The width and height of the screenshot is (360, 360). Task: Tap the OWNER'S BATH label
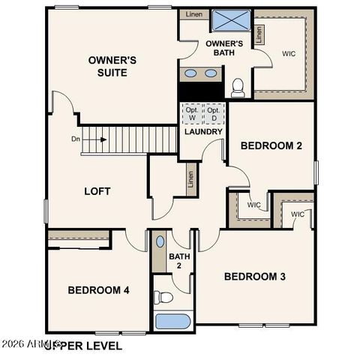click(x=224, y=49)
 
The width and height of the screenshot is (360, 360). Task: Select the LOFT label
click(x=97, y=191)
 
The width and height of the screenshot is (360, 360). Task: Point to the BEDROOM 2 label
click(x=271, y=145)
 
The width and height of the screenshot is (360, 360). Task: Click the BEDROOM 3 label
click(x=255, y=277)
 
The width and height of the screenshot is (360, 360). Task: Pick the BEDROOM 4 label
click(x=99, y=290)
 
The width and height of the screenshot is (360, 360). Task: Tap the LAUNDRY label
click(x=203, y=132)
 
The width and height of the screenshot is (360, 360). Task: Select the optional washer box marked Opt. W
click(x=192, y=114)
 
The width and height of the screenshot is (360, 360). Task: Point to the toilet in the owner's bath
click(x=238, y=87)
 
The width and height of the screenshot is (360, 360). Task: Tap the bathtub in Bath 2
click(x=172, y=322)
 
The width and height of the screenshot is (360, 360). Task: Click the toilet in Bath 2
click(x=163, y=298)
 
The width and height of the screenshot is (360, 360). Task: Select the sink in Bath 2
click(x=160, y=242)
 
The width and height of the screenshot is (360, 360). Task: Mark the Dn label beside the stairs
click(x=76, y=138)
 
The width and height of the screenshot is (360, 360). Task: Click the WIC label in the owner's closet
click(x=289, y=54)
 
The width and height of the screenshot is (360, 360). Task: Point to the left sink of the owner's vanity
click(x=190, y=73)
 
